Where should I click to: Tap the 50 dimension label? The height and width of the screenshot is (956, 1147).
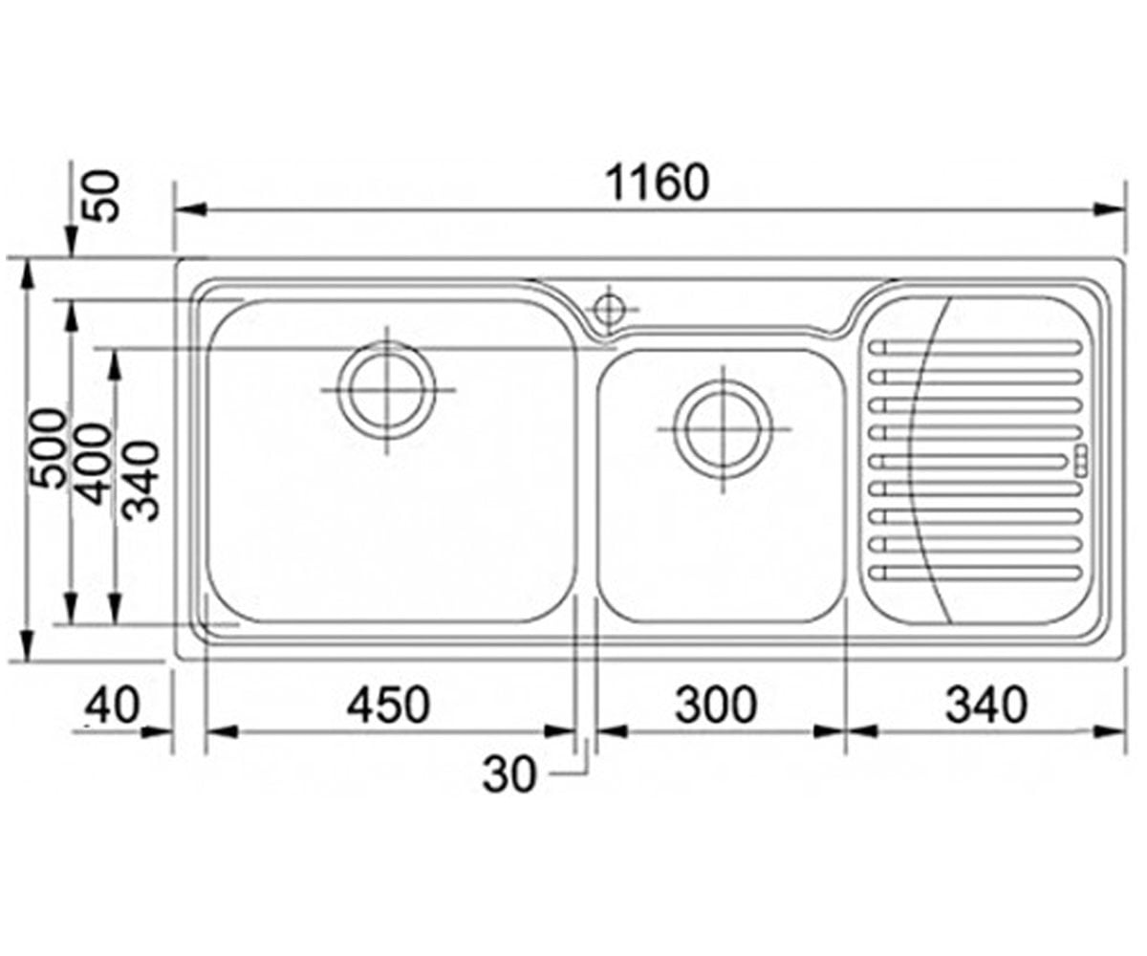[x=104, y=197]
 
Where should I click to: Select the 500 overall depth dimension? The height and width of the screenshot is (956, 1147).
[x=48, y=447]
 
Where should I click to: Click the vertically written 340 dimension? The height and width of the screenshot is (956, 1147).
[x=141, y=481]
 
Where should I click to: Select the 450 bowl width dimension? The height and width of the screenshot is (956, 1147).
[x=388, y=705]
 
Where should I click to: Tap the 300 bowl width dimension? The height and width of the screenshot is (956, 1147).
[x=716, y=705]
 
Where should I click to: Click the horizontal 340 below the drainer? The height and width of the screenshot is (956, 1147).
[x=986, y=705]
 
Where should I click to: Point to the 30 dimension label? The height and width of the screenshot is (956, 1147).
[x=509, y=774]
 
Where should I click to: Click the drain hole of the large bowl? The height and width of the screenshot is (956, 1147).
[x=387, y=390]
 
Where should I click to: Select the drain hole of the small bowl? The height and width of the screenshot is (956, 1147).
[x=723, y=429]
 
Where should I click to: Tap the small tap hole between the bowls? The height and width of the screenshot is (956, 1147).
[x=609, y=310]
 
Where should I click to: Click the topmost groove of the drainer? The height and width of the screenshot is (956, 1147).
[x=976, y=348]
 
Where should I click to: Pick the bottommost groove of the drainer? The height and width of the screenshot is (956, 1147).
[x=976, y=574]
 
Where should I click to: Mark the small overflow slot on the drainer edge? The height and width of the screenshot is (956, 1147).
[x=1081, y=461]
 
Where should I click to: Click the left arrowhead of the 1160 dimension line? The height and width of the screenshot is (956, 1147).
[x=190, y=210]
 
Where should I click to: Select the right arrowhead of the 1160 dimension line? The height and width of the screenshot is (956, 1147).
[x=1109, y=210]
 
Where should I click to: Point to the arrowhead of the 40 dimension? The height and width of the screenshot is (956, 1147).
[x=158, y=732]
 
